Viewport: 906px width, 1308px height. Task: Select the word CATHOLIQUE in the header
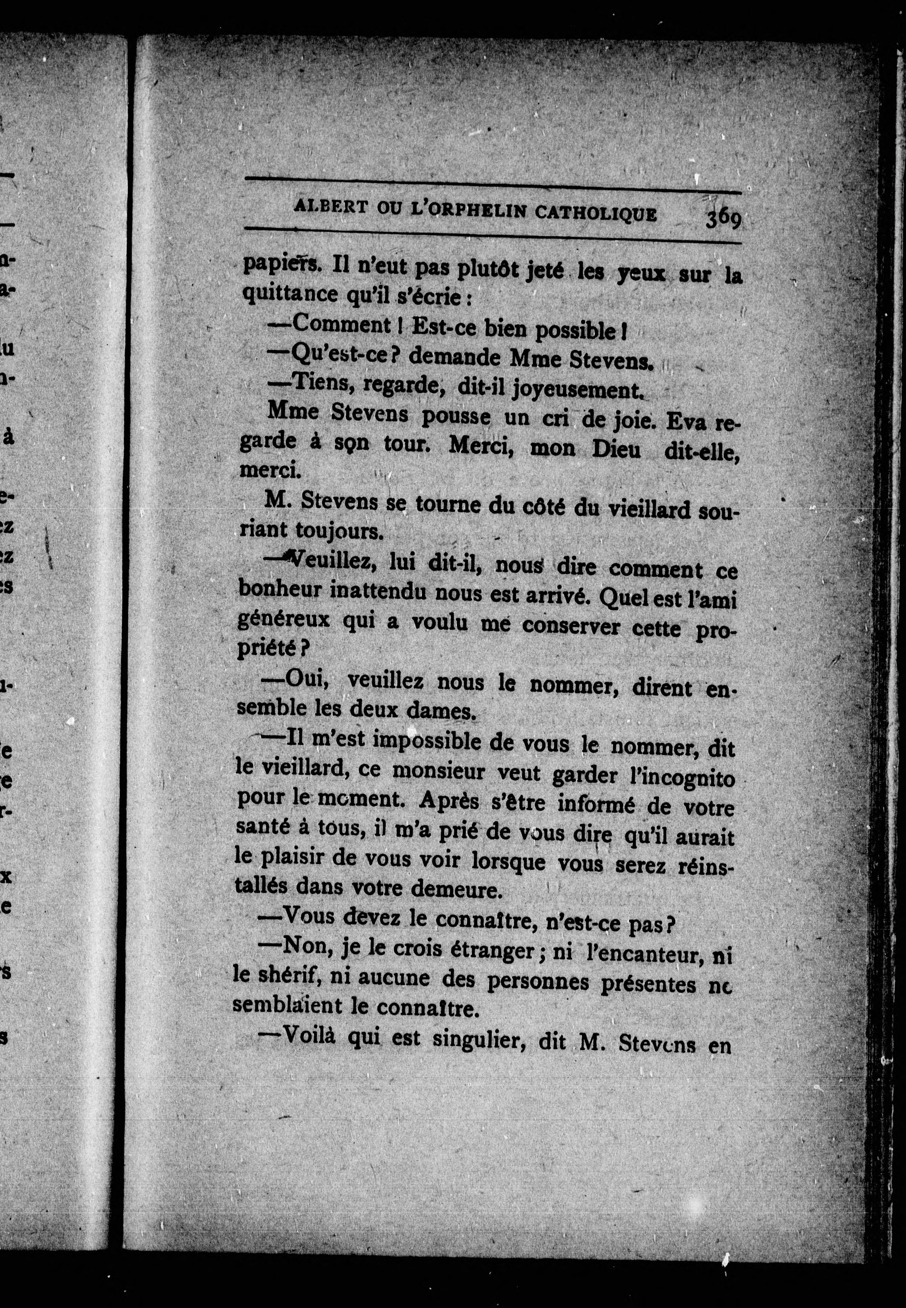pos(596,213)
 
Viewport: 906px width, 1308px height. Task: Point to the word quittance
pos(290,295)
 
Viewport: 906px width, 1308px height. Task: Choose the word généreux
pos(283,619)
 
